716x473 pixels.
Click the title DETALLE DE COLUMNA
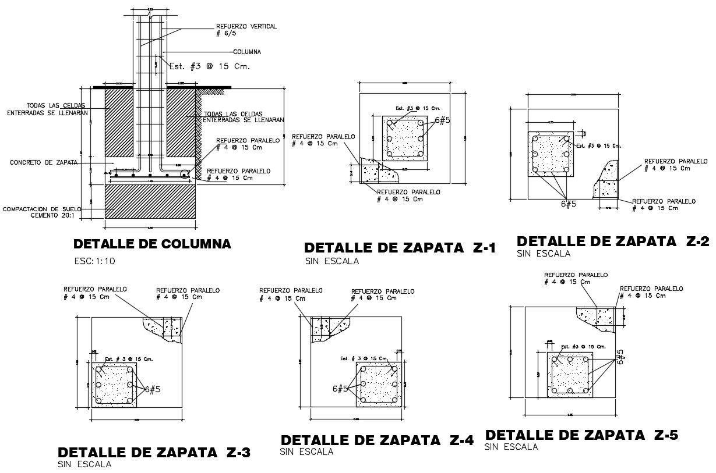[152, 244]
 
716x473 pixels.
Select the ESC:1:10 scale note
[95, 261]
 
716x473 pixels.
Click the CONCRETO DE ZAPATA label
[44, 163]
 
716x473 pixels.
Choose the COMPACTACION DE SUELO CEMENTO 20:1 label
[42, 212]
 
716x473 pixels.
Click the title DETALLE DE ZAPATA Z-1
[400, 248]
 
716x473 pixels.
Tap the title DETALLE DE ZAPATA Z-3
[154, 452]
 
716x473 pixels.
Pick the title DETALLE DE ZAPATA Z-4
[377, 440]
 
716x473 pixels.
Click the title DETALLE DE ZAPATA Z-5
[581, 435]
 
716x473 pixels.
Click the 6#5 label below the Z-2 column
[568, 204]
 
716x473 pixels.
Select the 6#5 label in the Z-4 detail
[341, 389]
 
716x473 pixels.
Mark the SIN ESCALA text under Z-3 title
[84, 464]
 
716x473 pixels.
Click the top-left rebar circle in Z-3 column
[100, 369]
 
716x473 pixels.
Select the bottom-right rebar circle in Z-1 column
[420, 154]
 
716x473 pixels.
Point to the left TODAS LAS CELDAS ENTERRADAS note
[48, 109]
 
